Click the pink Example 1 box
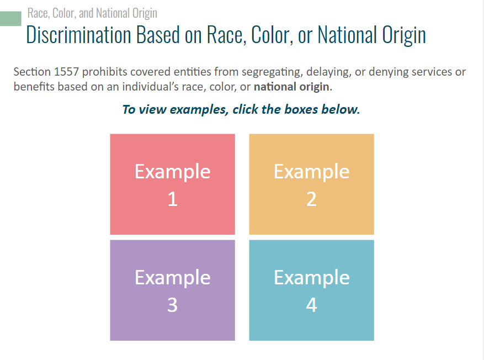coord(172,184)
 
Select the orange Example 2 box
coord(311,184)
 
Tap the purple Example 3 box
coord(172,290)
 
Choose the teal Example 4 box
coord(311,290)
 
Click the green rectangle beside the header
coord(10,19)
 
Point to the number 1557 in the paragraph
coord(66,72)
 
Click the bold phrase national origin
coord(291,87)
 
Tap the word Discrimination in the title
coord(79,35)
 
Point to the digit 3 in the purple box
coord(172,305)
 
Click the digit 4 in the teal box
coord(311,305)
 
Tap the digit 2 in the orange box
coord(311,199)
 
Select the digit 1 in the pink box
coord(172,199)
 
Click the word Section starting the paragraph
coord(32,72)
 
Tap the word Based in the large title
coord(158,35)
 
